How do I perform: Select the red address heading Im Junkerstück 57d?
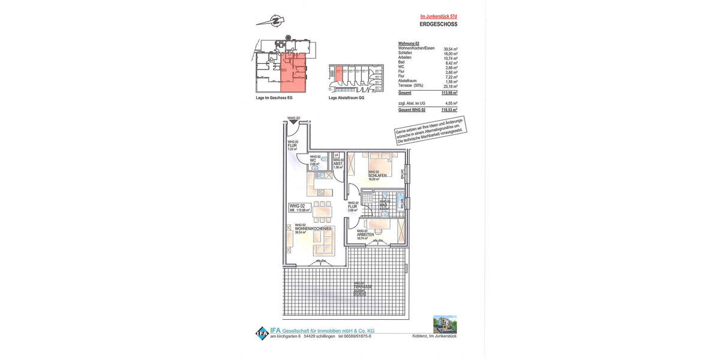click(x=439, y=16)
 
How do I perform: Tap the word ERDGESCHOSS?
click(x=438, y=25)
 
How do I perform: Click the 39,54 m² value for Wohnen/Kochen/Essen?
click(x=450, y=49)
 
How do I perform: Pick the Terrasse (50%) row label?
click(x=411, y=86)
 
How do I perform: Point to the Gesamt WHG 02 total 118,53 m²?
click(x=449, y=110)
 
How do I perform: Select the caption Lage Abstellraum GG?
click(x=346, y=98)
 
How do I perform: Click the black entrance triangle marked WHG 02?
click(x=293, y=122)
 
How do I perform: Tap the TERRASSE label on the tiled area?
click(x=362, y=287)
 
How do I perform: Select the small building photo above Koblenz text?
click(x=445, y=324)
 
